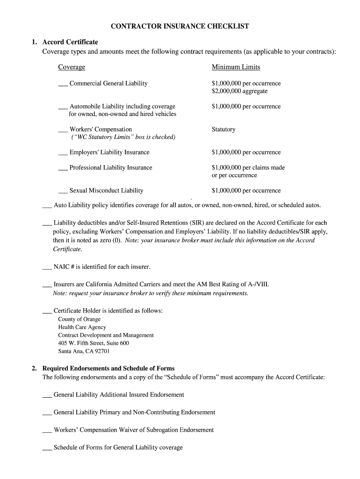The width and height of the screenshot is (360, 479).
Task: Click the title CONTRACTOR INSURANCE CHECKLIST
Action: click(x=180, y=27)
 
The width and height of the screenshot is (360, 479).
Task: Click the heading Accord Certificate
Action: click(x=70, y=42)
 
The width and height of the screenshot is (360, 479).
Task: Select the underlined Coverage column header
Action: click(x=72, y=67)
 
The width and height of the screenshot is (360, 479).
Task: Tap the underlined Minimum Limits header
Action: click(x=236, y=67)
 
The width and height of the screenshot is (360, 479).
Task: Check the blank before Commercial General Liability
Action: click(x=63, y=85)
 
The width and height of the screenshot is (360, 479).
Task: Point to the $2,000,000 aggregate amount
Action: click(x=239, y=91)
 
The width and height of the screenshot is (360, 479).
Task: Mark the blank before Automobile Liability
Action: click(x=63, y=108)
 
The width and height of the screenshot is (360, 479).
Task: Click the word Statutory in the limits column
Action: click(x=223, y=130)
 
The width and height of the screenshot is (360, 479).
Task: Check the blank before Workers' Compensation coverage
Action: click(x=63, y=131)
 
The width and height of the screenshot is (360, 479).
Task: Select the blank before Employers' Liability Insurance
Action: click(x=63, y=153)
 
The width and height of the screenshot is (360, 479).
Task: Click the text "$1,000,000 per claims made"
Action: click(x=248, y=167)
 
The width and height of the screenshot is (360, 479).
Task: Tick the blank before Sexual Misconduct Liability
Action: click(x=63, y=192)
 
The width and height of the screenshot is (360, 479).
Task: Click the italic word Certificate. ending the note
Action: click(x=67, y=249)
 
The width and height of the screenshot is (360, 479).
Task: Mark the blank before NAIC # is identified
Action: click(x=47, y=268)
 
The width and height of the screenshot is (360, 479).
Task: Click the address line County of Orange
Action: click(x=79, y=319)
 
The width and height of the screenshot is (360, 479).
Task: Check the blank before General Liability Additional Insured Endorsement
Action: click(x=47, y=396)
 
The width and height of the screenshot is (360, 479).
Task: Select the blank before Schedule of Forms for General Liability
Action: click(x=47, y=449)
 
